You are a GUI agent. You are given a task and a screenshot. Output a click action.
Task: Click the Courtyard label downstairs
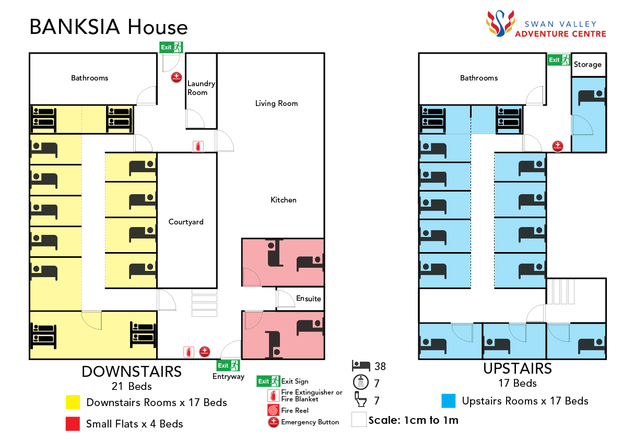click(186, 222)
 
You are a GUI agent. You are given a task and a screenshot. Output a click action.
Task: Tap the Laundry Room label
click(201, 88)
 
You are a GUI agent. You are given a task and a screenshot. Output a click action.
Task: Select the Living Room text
click(276, 103)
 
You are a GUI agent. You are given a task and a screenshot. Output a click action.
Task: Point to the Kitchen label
click(283, 200)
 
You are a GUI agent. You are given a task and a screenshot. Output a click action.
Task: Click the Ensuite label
click(308, 299)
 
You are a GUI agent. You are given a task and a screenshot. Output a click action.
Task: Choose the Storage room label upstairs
click(588, 65)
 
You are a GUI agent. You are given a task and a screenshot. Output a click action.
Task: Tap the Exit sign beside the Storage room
click(558, 60)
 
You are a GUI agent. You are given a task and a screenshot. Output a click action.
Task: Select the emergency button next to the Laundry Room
click(177, 77)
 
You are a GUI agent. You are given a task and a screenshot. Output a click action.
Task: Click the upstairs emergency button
click(558, 146)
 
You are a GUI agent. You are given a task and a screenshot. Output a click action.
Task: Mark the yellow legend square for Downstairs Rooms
click(73, 402)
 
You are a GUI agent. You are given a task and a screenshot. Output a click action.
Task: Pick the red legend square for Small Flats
click(73, 424)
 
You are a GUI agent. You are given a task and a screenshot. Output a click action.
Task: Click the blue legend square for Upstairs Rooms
click(449, 401)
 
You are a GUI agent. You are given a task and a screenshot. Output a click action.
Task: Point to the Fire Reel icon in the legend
click(273, 410)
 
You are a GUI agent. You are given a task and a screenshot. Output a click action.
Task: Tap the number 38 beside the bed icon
click(380, 366)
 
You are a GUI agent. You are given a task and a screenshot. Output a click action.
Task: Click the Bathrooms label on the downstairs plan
click(90, 78)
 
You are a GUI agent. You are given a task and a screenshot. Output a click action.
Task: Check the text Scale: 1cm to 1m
click(413, 420)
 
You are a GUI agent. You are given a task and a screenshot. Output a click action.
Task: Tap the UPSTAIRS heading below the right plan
click(517, 368)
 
